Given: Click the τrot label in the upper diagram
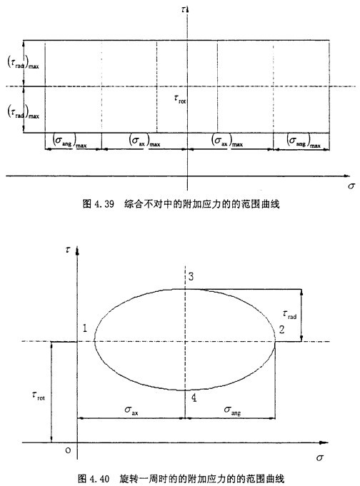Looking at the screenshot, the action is (x=180, y=99).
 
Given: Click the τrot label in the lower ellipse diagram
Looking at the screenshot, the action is (x=39, y=396).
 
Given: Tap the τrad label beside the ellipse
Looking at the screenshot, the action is (x=289, y=314).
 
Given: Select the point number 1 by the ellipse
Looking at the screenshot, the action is (x=85, y=328).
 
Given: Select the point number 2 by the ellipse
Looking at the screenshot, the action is (x=281, y=329).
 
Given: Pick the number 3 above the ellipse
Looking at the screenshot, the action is (x=191, y=276).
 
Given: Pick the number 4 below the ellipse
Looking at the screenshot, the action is (x=194, y=398).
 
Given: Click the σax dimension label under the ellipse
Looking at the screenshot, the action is (x=131, y=410).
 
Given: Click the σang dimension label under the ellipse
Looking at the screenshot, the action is (x=232, y=410).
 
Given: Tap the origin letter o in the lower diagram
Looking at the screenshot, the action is (x=68, y=450).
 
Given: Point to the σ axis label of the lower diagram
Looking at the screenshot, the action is (x=320, y=457).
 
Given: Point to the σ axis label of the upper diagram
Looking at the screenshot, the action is (x=351, y=186).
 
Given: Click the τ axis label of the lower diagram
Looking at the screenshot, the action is (x=68, y=250).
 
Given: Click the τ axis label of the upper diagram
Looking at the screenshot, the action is (x=183, y=9).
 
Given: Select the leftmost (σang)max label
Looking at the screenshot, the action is (x=70, y=141).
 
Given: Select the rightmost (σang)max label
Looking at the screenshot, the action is (x=304, y=141).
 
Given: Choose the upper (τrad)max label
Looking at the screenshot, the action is (x=24, y=62).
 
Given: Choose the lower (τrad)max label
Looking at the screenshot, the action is (x=24, y=111).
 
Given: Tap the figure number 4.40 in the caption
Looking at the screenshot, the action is (x=99, y=479).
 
